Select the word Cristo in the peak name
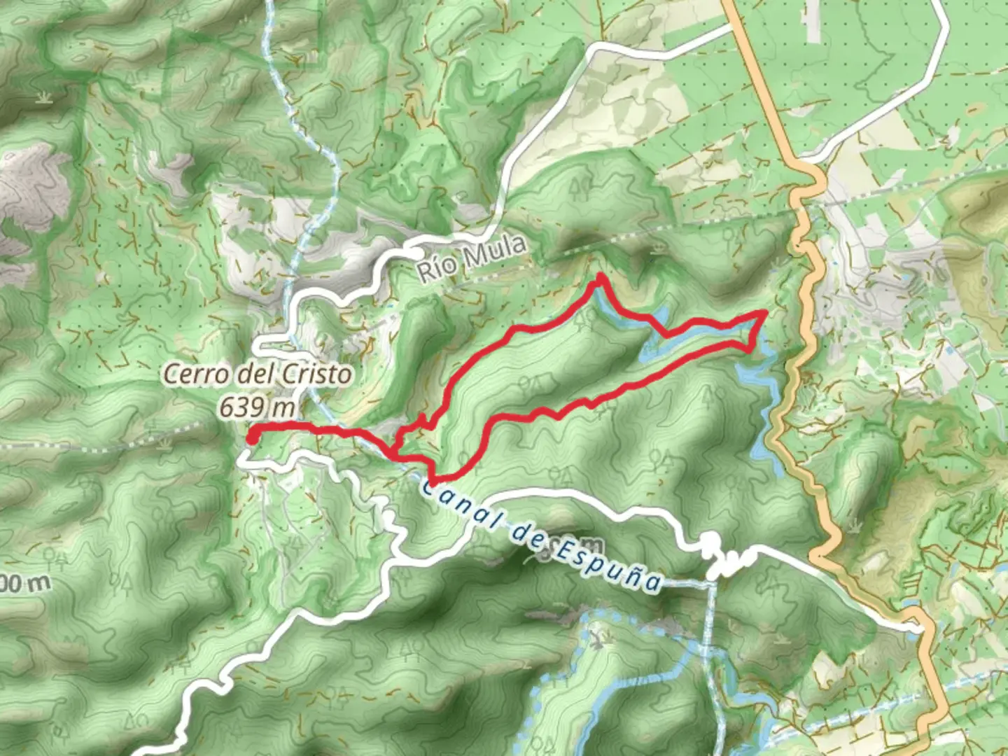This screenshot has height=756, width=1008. point(316,374)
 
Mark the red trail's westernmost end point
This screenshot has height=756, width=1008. point(251,437)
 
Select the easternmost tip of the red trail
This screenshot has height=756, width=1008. point(766,313)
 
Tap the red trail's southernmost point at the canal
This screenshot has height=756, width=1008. point(433,482)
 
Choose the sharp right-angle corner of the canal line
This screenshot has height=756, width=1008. point(710,580)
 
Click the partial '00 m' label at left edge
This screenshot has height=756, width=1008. point(24,583)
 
